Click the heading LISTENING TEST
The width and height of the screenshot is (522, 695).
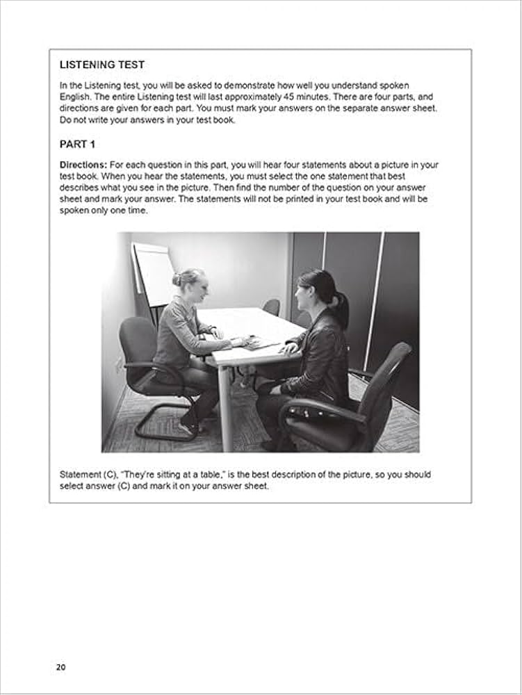pos(102,65)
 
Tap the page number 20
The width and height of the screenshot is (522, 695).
pos(60,667)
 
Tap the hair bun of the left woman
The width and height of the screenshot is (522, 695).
pos(177,279)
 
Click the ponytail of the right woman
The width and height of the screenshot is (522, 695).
pos(341,306)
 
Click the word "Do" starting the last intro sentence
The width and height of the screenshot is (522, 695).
pos(66,119)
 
